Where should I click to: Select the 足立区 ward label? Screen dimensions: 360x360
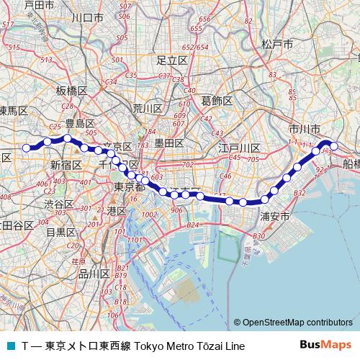(x=172, y=60)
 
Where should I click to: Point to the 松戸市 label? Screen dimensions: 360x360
(x=276, y=45)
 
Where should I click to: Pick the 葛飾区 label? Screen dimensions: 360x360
(x=216, y=100)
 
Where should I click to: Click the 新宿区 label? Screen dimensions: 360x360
(x=64, y=165)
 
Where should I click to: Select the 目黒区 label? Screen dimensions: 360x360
(x=60, y=232)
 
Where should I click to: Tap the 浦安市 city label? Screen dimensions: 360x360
(x=274, y=215)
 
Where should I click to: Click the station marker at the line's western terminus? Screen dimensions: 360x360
(x=27, y=148)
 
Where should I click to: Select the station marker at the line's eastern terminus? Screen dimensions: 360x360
(x=333, y=148)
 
